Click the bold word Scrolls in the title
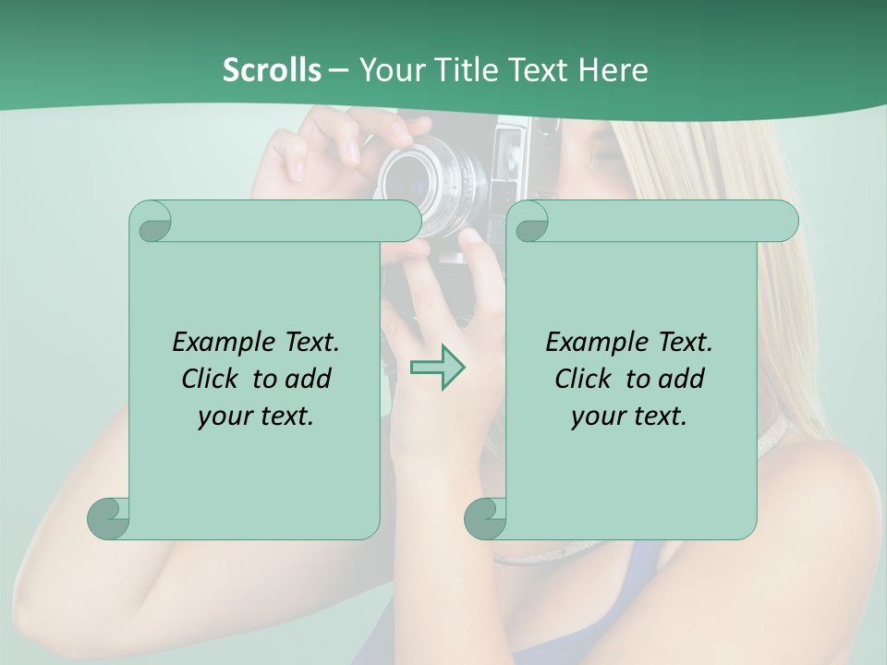point(272,70)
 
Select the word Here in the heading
point(613,70)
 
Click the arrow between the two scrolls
point(437,368)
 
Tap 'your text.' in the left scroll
point(256,417)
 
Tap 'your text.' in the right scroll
point(629,417)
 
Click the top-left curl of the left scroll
point(152,223)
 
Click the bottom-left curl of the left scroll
point(109,518)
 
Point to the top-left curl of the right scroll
point(529,223)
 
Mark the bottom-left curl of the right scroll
point(486,518)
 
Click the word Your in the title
point(386,70)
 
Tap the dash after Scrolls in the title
point(338,70)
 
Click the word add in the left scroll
point(310,379)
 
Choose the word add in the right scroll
point(683,379)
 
